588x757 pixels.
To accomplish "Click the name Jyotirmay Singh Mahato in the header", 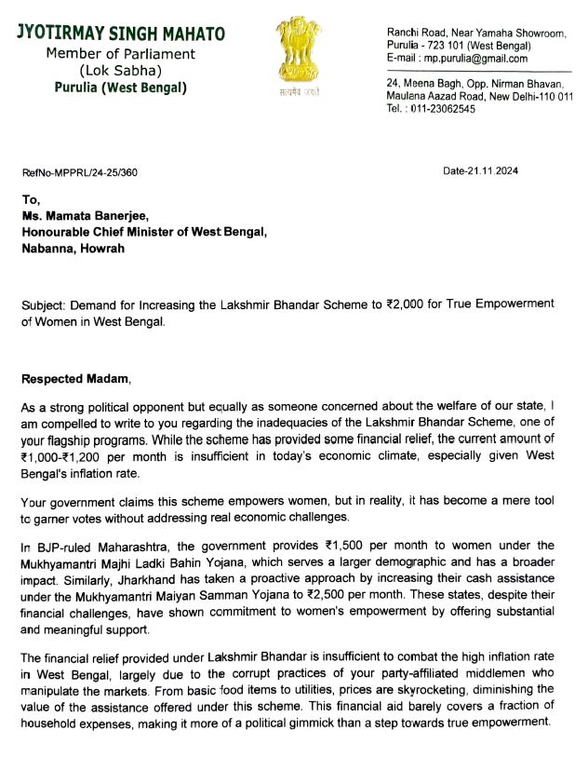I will [x=121, y=34].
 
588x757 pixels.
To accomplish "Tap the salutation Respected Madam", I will [x=76, y=379].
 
